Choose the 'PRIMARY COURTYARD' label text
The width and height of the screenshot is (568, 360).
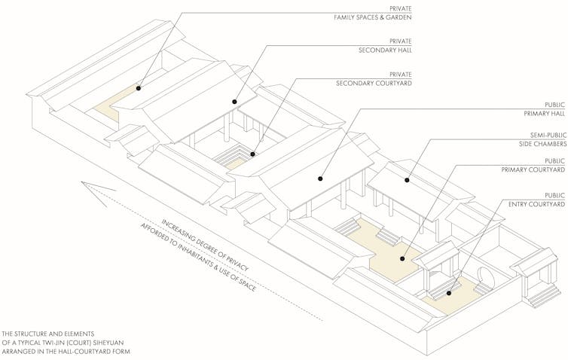[534, 171]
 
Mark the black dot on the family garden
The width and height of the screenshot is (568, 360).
[139, 88]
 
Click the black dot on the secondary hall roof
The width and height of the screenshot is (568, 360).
[234, 101]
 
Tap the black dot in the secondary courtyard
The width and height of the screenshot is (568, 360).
[253, 155]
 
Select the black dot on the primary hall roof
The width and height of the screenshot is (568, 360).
[320, 179]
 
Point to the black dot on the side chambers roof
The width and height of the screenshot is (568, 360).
[407, 179]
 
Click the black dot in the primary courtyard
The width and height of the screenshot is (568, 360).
[402, 259]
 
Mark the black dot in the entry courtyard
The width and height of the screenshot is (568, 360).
[449, 292]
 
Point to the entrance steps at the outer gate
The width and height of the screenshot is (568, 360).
[543, 297]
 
